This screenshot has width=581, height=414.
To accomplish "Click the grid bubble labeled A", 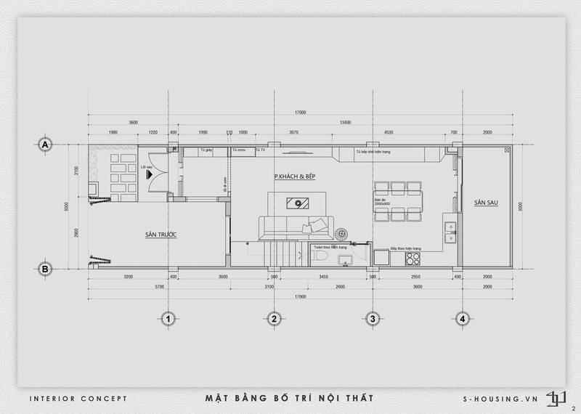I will tap(45, 145).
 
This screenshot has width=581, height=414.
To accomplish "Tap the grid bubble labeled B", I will tap(45, 269).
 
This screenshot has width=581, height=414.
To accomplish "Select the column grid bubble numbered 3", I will tap(372, 318).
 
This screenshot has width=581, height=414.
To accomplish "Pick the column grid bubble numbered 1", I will tap(167, 318).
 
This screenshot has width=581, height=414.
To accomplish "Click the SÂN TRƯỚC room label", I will tap(161, 235).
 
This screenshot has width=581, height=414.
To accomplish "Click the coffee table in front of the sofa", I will tap(297, 202).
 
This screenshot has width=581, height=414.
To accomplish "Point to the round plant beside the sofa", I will tap(341, 234).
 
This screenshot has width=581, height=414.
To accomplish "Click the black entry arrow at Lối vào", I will tap(149, 174).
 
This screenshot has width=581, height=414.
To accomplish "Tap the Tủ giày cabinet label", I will tap(206, 150).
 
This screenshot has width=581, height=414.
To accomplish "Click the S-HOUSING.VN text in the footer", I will tap(501, 399).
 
